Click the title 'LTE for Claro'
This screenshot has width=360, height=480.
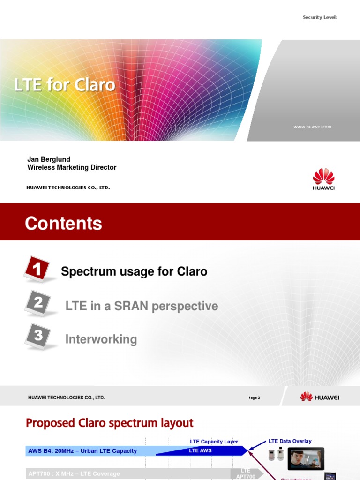[65, 85]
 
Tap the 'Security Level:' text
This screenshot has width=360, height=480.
[320, 17]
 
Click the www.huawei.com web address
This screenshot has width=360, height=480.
[312, 127]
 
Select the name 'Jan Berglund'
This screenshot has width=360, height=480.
[49, 159]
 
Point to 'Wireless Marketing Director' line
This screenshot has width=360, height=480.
[72, 167]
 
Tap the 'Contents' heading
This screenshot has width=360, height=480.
[63, 224]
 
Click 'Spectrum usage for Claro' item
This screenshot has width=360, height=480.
[134, 271]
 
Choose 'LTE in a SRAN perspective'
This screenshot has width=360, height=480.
[142, 306]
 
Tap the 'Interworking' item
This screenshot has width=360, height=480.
[101, 339]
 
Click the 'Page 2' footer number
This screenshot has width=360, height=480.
[254, 397]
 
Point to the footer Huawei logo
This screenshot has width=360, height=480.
[320, 397]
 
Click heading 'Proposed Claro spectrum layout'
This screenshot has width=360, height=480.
[109, 423]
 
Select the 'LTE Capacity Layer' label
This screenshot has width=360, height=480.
[214, 442]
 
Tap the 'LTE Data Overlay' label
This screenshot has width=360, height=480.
[290, 441]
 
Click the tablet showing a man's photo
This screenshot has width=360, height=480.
[306, 459]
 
